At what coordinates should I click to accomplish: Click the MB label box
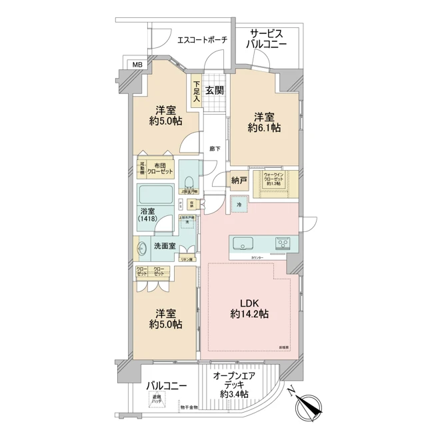point(137,65)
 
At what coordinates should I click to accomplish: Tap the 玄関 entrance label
point(214,91)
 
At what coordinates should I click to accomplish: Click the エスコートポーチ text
point(202,40)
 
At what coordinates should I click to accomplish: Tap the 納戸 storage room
point(239,180)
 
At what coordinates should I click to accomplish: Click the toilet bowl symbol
point(189,181)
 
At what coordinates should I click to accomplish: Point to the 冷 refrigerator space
point(239,205)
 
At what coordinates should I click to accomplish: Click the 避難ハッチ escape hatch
point(157,400)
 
